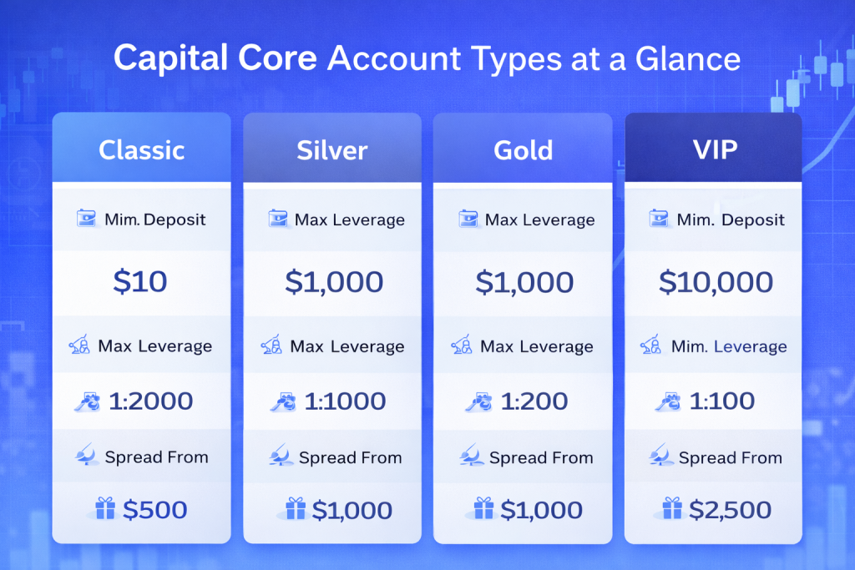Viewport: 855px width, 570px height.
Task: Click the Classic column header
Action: tap(141, 150)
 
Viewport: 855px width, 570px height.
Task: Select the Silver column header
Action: tap(332, 150)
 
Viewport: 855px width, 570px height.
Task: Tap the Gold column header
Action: tap(523, 150)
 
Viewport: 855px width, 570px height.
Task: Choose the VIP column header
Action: tap(715, 149)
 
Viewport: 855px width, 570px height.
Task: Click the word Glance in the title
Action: tap(688, 58)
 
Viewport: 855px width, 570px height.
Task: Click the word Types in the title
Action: tap(516, 60)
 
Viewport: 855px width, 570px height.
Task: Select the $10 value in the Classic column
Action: tap(140, 282)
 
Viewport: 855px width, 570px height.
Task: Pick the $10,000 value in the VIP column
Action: tap(716, 282)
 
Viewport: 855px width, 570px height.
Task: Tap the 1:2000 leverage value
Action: tap(150, 401)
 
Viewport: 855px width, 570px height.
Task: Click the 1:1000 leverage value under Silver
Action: tap(345, 401)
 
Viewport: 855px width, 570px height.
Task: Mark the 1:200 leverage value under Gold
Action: tap(534, 401)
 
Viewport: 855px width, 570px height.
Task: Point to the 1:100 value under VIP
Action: tap(722, 401)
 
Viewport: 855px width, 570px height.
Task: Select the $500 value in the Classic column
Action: tap(154, 510)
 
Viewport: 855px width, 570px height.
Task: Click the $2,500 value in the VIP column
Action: tap(730, 510)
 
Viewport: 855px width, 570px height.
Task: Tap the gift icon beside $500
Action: tap(104, 508)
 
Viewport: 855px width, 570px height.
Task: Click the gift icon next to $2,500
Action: tap(672, 508)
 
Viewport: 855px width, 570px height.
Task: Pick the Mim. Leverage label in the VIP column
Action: tap(729, 346)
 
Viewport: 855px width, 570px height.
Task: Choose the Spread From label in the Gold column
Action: tap(541, 457)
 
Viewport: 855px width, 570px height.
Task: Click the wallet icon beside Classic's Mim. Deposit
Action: tap(86, 219)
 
